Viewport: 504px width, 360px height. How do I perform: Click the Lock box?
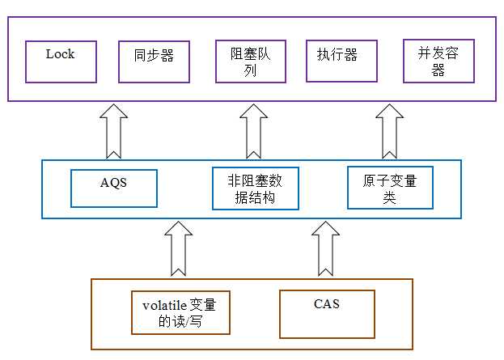(x=61, y=61)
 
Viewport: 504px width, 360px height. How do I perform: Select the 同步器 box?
(x=154, y=61)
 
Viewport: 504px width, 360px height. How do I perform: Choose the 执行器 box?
(x=341, y=61)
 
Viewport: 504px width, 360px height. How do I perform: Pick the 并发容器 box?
(x=438, y=61)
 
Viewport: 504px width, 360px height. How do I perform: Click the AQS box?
(x=114, y=187)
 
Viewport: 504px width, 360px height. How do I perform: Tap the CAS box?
(x=327, y=314)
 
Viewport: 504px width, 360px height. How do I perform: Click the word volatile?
(x=165, y=305)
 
